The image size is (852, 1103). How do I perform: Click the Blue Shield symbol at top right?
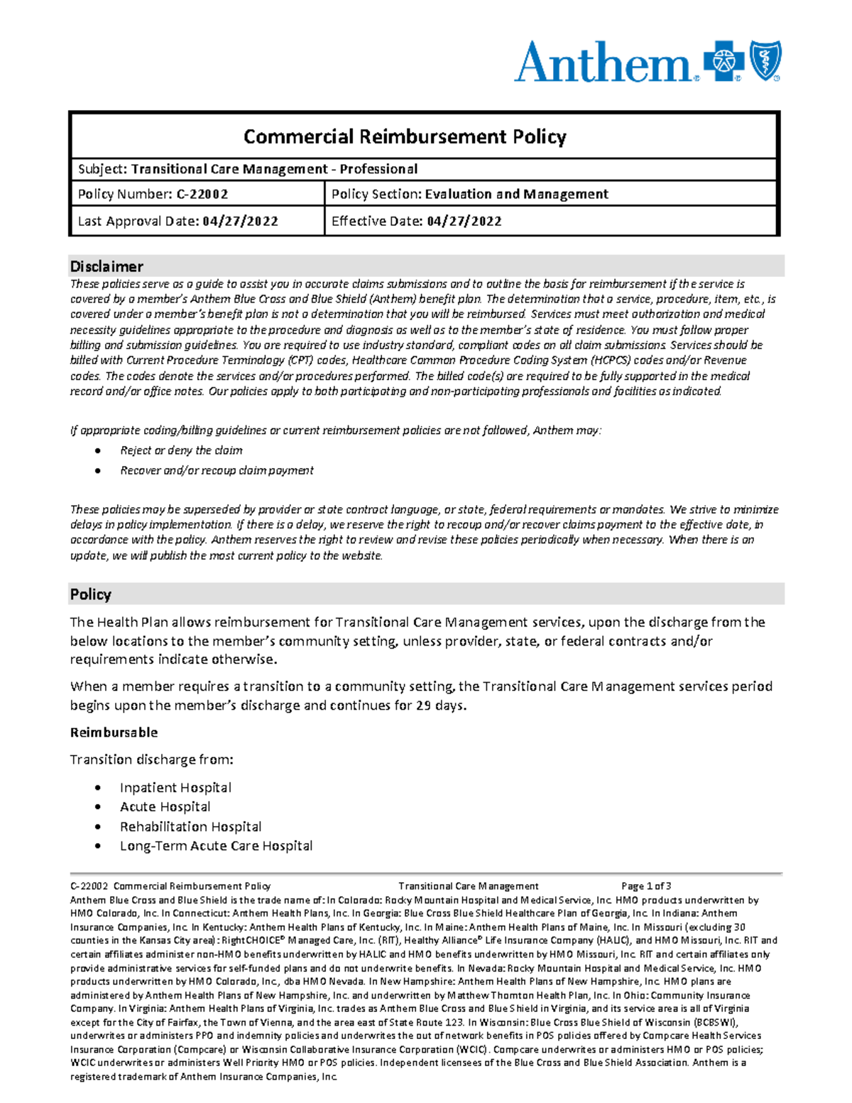pos(765,60)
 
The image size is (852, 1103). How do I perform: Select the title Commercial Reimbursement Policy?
pos(405,136)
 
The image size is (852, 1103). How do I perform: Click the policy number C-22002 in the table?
pos(202,194)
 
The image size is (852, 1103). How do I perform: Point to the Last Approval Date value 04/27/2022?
pos(240,221)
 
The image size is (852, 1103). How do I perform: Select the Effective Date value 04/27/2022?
pos(464,221)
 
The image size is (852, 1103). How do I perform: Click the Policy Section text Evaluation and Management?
pos(516,194)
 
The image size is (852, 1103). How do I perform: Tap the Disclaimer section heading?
pos(106,266)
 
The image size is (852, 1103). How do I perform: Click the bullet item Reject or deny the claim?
pos(181,450)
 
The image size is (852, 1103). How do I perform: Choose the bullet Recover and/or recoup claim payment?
pos(217,470)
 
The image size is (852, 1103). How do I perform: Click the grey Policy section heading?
pos(91,594)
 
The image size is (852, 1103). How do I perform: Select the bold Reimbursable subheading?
pos(114,732)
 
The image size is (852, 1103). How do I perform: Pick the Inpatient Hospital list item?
pos(175,787)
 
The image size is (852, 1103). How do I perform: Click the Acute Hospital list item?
pos(165,807)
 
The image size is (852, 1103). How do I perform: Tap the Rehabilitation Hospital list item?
pos(190,827)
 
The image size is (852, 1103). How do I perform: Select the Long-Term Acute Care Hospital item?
pos(216,846)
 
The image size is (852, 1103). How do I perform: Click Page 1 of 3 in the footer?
pos(645,886)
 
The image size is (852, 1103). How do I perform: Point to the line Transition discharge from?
pos(151,759)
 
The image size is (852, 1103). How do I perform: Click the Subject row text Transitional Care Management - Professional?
pos(274,169)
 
